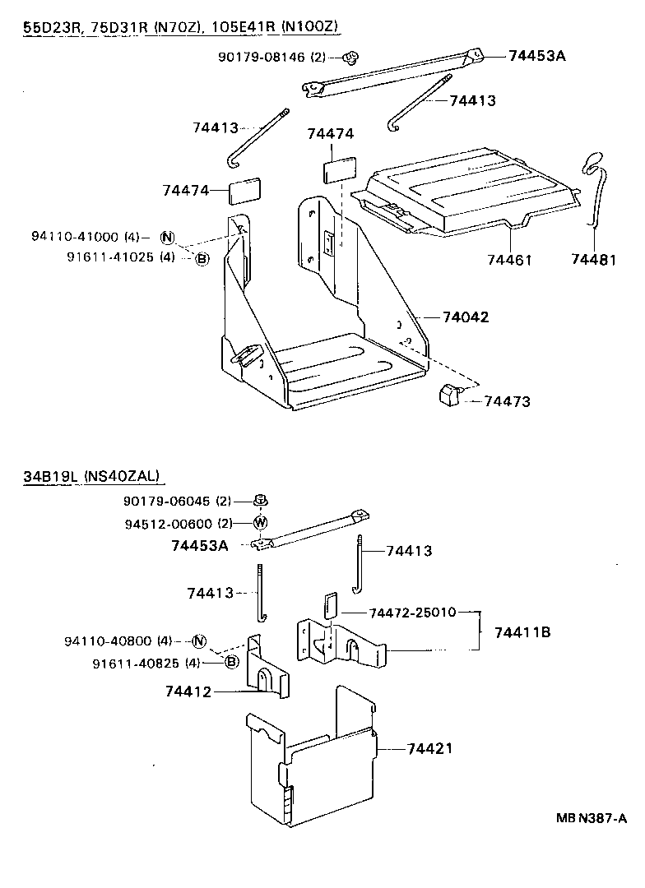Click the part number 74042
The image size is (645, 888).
[466, 317]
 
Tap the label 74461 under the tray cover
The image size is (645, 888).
[509, 260]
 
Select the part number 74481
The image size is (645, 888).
[594, 260]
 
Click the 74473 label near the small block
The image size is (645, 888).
[508, 401]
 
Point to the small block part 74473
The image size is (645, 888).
[448, 395]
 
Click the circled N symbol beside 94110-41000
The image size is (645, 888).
[168, 238]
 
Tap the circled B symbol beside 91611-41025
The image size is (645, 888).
[202, 259]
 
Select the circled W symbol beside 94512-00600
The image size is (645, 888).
[260, 523]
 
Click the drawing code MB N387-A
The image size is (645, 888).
[591, 818]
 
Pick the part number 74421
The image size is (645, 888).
[430, 749]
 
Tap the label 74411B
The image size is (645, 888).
[522, 632]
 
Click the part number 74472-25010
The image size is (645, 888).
[407, 613]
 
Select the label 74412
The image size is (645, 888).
[188, 692]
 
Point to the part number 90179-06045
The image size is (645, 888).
[167, 501]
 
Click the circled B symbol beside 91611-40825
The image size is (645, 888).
[231, 663]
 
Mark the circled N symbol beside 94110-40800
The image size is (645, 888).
[199, 641]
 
